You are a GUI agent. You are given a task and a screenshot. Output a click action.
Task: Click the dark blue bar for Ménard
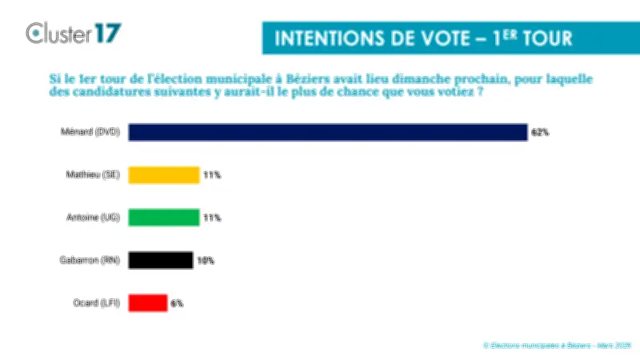327,132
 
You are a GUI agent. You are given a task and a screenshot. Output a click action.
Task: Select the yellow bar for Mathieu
163,175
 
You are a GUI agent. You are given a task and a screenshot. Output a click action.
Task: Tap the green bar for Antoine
163,218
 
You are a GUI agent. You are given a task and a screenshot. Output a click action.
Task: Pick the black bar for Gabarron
160,260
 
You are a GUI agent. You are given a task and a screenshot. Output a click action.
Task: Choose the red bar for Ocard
147,302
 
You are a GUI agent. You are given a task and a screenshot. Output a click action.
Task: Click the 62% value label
540,132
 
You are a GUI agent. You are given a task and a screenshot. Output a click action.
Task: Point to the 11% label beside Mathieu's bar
211,175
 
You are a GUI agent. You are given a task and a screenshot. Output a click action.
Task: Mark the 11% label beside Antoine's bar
211,218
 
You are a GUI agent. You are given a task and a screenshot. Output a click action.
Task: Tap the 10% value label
206,260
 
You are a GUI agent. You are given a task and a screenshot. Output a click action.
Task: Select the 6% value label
177,303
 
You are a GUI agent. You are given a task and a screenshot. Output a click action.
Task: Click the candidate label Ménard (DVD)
90,132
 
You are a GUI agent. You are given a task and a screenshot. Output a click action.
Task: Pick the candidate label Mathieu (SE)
92,175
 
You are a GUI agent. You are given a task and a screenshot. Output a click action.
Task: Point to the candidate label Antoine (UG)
93,218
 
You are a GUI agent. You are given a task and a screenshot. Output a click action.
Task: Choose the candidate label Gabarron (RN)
90,260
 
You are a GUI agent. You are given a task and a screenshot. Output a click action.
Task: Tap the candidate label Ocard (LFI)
95,303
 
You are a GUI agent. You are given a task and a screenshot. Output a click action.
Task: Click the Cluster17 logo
74,33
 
